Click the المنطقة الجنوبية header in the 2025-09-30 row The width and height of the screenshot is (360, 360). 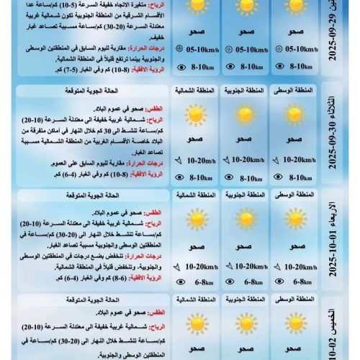245,91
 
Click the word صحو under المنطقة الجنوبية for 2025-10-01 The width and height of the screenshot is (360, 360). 245,247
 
